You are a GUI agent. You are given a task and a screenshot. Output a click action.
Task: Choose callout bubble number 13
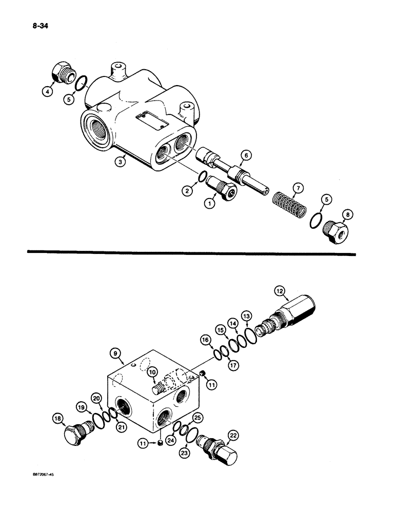247,317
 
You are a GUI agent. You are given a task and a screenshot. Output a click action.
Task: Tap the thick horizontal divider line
190,252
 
